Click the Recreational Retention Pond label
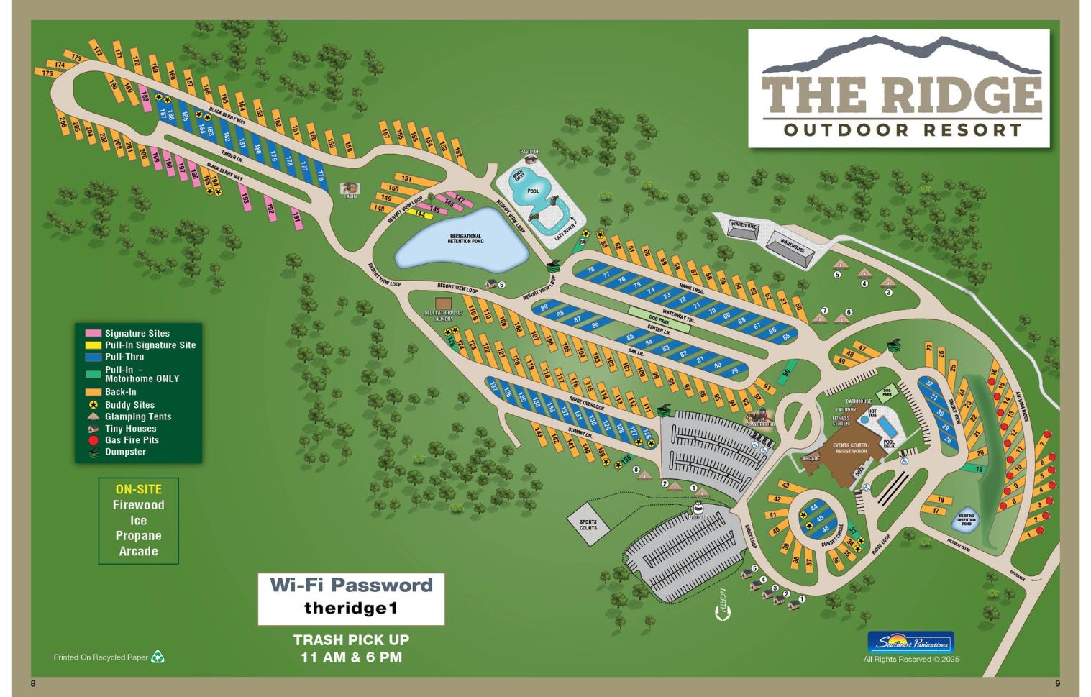click(466, 239)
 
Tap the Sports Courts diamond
click(588, 524)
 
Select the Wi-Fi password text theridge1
click(350, 609)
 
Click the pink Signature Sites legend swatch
click(93, 334)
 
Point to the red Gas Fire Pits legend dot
click(93, 440)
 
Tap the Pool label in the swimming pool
click(533, 191)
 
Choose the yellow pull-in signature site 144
click(420, 214)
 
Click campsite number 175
click(47, 73)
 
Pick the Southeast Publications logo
click(910, 642)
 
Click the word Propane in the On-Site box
click(138, 536)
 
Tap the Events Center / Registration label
click(851, 448)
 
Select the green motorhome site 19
click(979, 469)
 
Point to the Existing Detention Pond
click(966, 519)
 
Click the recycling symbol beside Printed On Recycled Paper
click(158, 657)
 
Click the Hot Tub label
click(872, 414)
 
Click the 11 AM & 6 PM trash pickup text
click(351, 657)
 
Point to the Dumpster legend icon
click(93, 452)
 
